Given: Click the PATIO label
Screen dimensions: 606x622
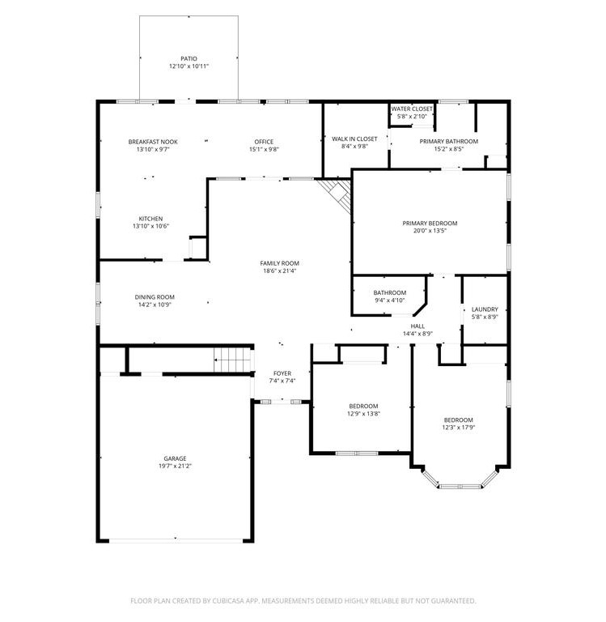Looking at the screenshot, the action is pyautogui.click(x=189, y=58).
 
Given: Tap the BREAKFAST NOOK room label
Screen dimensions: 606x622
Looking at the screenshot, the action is pyautogui.click(x=153, y=142).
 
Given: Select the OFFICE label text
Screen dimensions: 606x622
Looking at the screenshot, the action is pyautogui.click(x=264, y=142).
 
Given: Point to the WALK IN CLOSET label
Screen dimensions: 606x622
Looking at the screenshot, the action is pyautogui.click(x=354, y=138).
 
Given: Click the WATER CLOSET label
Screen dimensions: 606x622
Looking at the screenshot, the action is pyautogui.click(x=412, y=109).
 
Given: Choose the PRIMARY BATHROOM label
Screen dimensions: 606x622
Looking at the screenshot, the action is pyautogui.click(x=449, y=141).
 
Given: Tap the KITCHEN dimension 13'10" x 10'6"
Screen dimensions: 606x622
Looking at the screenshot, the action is pyautogui.click(x=151, y=226).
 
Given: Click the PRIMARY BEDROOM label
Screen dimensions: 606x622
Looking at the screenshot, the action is pyautogui.click(x=430, y=224).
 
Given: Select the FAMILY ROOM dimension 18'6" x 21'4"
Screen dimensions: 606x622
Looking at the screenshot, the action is pyautogui.click(x=280, y=271).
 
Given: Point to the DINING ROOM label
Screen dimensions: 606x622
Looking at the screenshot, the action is pyautogui.click(x=155, y=297).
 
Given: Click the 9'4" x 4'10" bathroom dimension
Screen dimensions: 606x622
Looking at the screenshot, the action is pyautogui.click(x=390, y=300).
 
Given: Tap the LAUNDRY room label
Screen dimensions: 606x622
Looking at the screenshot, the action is pyautogui.click(x=485, y=309).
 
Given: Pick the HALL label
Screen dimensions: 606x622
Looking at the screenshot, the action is pyautogui.click(x=417, y=326).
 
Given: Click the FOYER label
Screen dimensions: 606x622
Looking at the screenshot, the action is pyautogui.click(x=282, y=373).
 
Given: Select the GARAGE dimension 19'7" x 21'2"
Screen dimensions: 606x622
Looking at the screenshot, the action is pyautogui.click(x=175, y=466).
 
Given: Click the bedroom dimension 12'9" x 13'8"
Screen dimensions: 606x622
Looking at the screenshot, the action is pyautogui.click(x=363, y=414).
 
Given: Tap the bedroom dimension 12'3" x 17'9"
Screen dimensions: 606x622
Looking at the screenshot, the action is pyautogui.click(x=459, y=428).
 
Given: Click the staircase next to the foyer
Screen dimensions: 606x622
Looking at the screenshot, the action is pyautogui.click(x=232, y=360).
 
